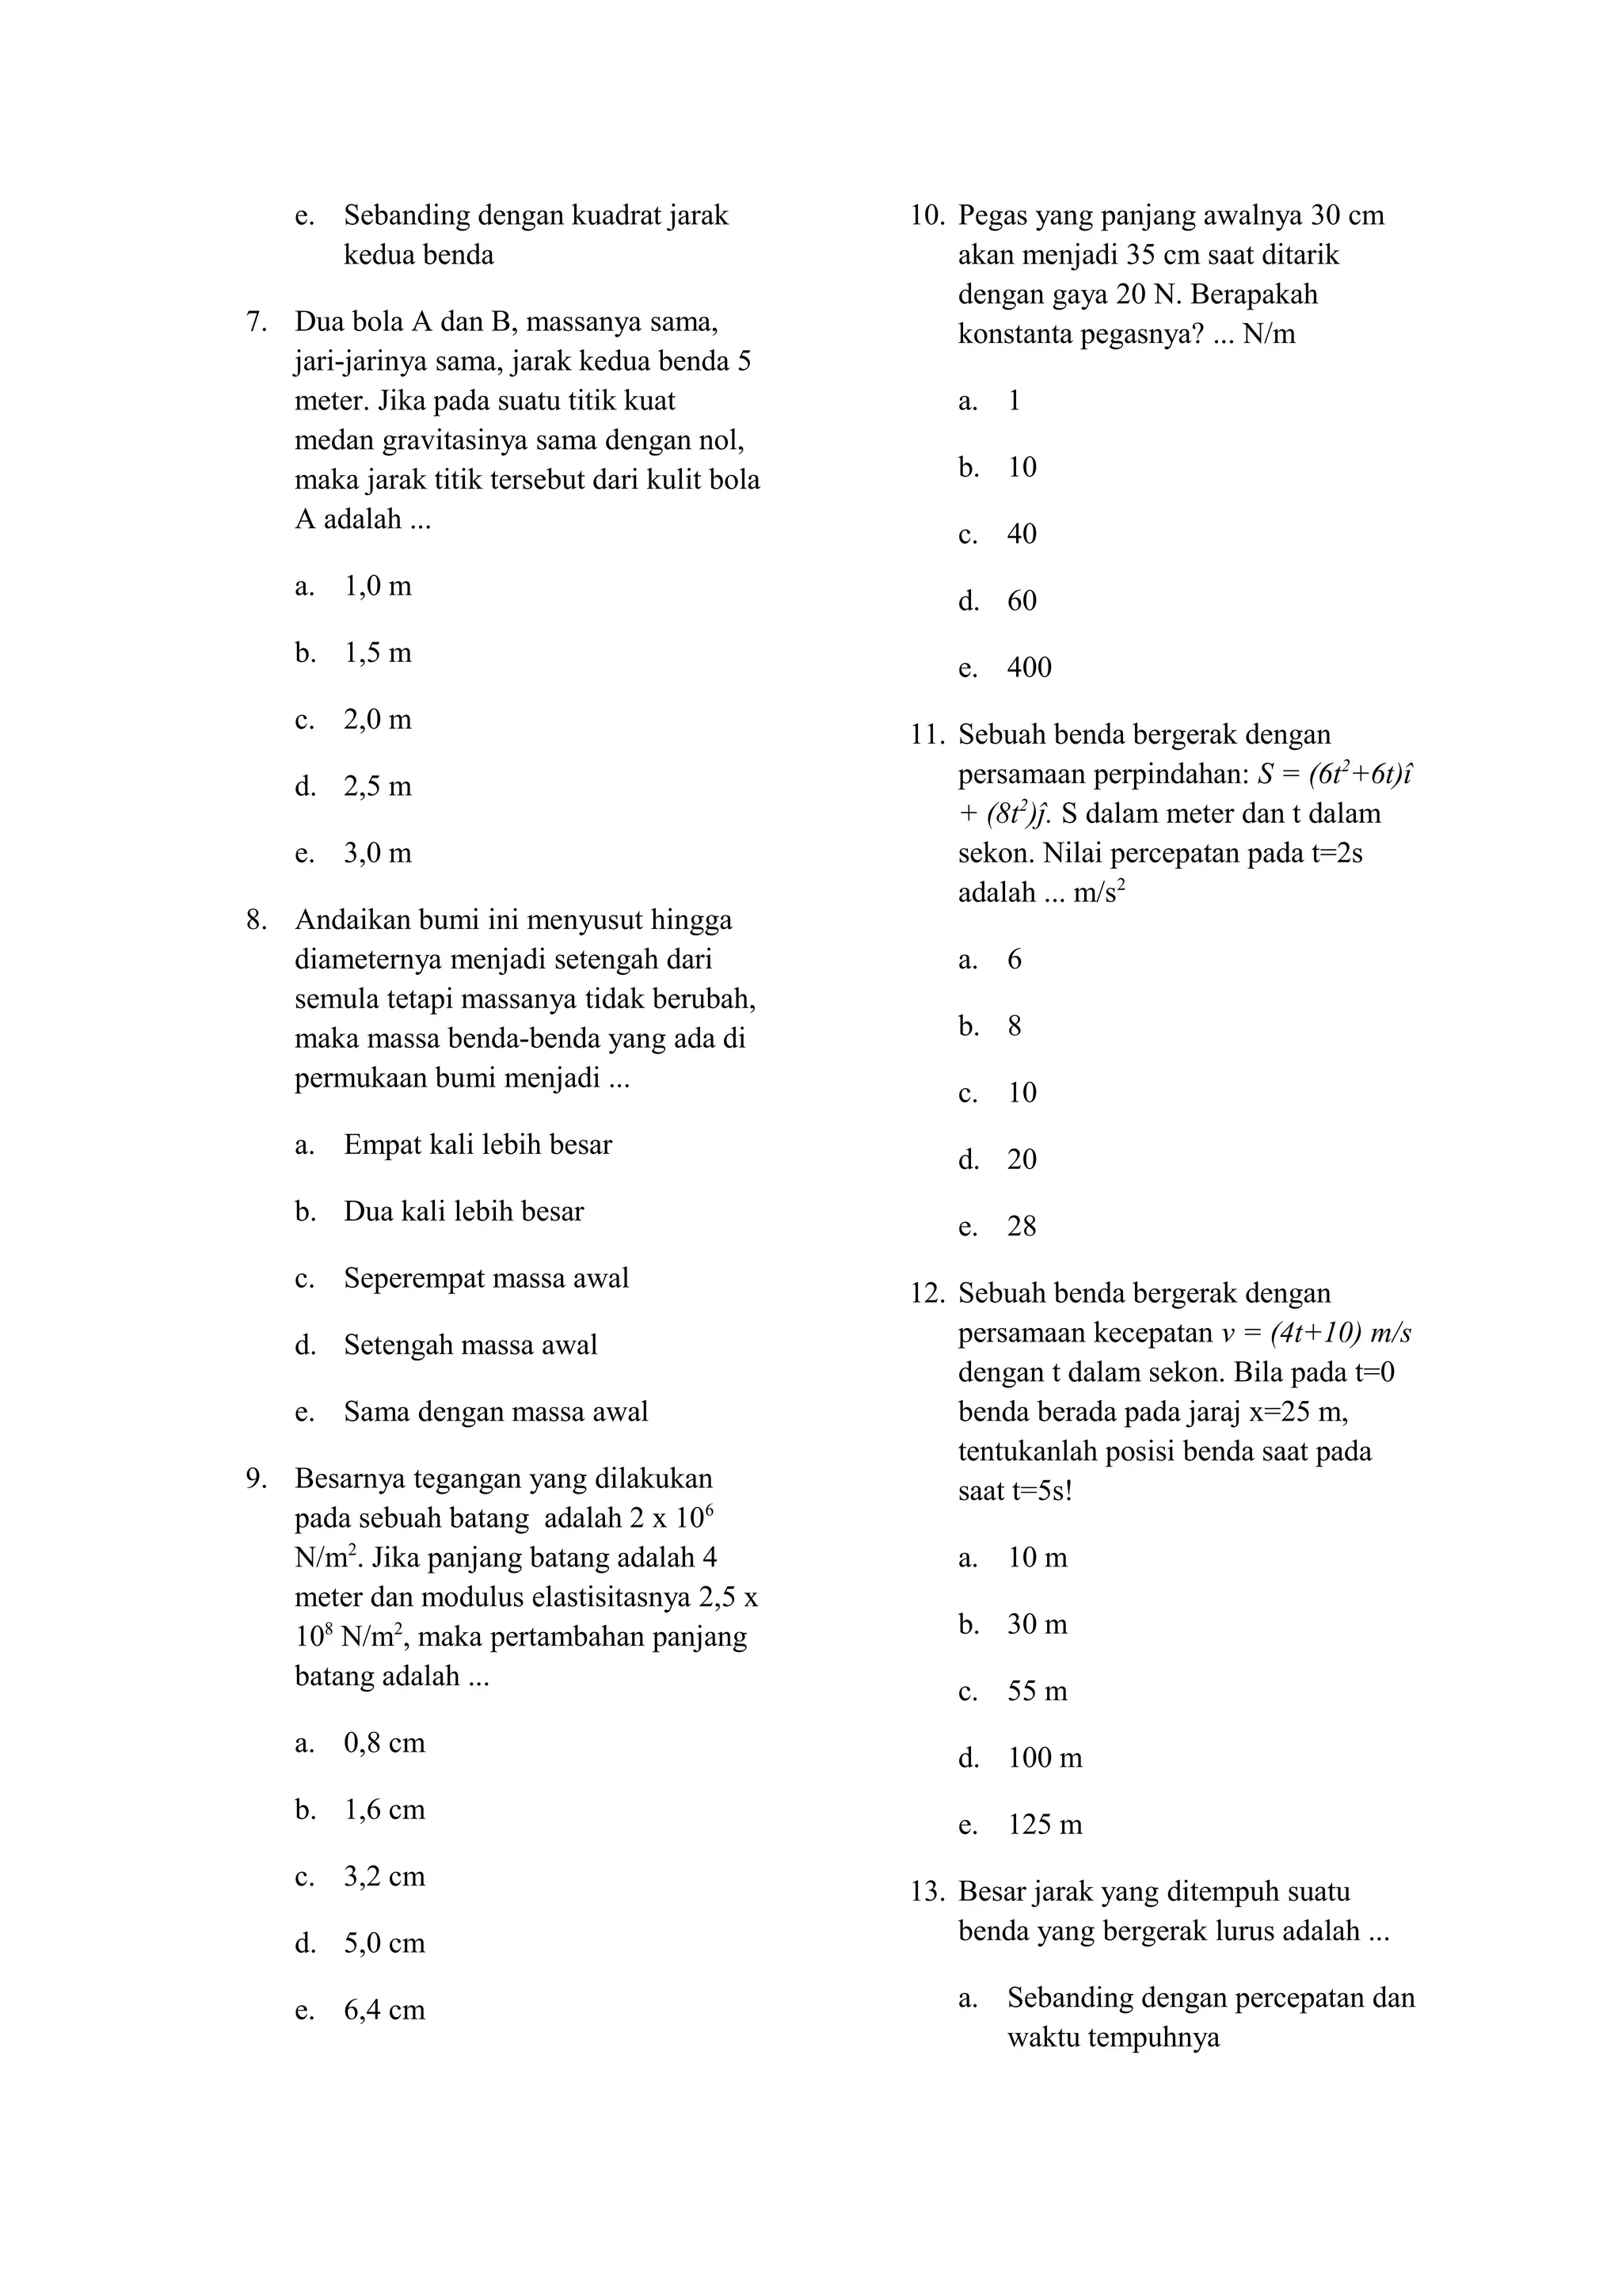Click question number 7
[256, 322]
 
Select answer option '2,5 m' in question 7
[377, 786]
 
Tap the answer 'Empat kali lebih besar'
[477, 1144]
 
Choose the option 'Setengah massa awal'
[470, 1345]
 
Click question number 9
[256, 1479]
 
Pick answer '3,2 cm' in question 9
[384, 1876]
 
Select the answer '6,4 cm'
[384, 2010]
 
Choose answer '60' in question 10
[1022, 601]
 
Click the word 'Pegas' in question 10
[991, 216]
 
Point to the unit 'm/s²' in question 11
[1099, 892]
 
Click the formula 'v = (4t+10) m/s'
[1315, 1334]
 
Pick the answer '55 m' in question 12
[1037, 1692]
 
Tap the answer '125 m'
[1045, 1825]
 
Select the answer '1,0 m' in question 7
[377, 587]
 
